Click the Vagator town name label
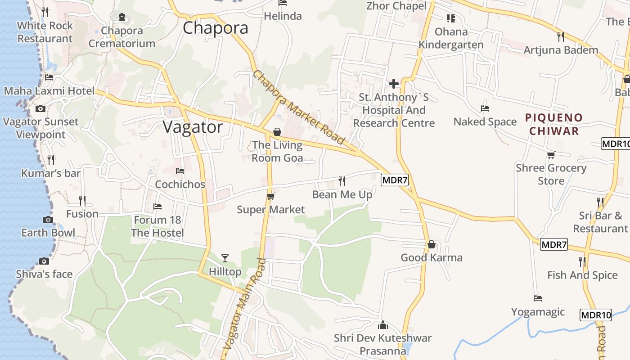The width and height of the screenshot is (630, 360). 193,127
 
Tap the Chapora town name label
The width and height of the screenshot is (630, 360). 216,28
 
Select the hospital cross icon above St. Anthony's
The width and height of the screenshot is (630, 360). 394,83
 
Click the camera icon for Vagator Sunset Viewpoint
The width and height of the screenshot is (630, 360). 40,108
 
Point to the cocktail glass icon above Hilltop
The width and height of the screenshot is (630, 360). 225,258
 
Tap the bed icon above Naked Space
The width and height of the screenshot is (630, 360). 485,108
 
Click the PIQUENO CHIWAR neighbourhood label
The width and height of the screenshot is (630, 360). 553,124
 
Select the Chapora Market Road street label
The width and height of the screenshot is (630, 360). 298,108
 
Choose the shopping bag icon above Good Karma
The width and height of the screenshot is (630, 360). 432,244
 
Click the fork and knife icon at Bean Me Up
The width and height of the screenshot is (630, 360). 342,181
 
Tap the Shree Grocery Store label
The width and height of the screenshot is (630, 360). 551,174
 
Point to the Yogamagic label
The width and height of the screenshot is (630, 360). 538,312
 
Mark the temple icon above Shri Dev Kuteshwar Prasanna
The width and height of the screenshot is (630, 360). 383,324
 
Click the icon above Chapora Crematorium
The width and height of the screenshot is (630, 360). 122,17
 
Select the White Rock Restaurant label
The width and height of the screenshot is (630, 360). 45,32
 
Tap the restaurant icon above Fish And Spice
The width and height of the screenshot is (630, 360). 582,261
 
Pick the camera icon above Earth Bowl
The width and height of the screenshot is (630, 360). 48,220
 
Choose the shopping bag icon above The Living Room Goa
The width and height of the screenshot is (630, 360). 277,132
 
